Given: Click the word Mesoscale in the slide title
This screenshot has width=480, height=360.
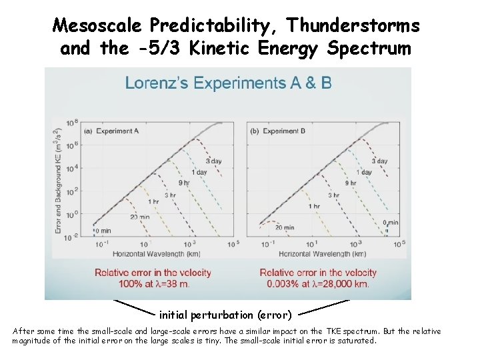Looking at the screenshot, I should click(x=98, y=26).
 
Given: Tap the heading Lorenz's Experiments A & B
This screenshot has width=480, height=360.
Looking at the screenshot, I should click(x=228, y=83).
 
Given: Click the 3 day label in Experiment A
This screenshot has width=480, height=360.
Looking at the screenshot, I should click(x=213, y=161).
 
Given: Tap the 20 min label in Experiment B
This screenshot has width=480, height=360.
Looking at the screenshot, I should click(x=285, y=227).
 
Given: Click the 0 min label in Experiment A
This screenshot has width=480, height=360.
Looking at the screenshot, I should click(x=101, y=231).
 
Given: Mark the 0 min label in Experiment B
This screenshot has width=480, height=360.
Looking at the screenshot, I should click(x=390, y=222).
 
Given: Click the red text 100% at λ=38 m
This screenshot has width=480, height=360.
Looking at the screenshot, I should click(x=152, y=284).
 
